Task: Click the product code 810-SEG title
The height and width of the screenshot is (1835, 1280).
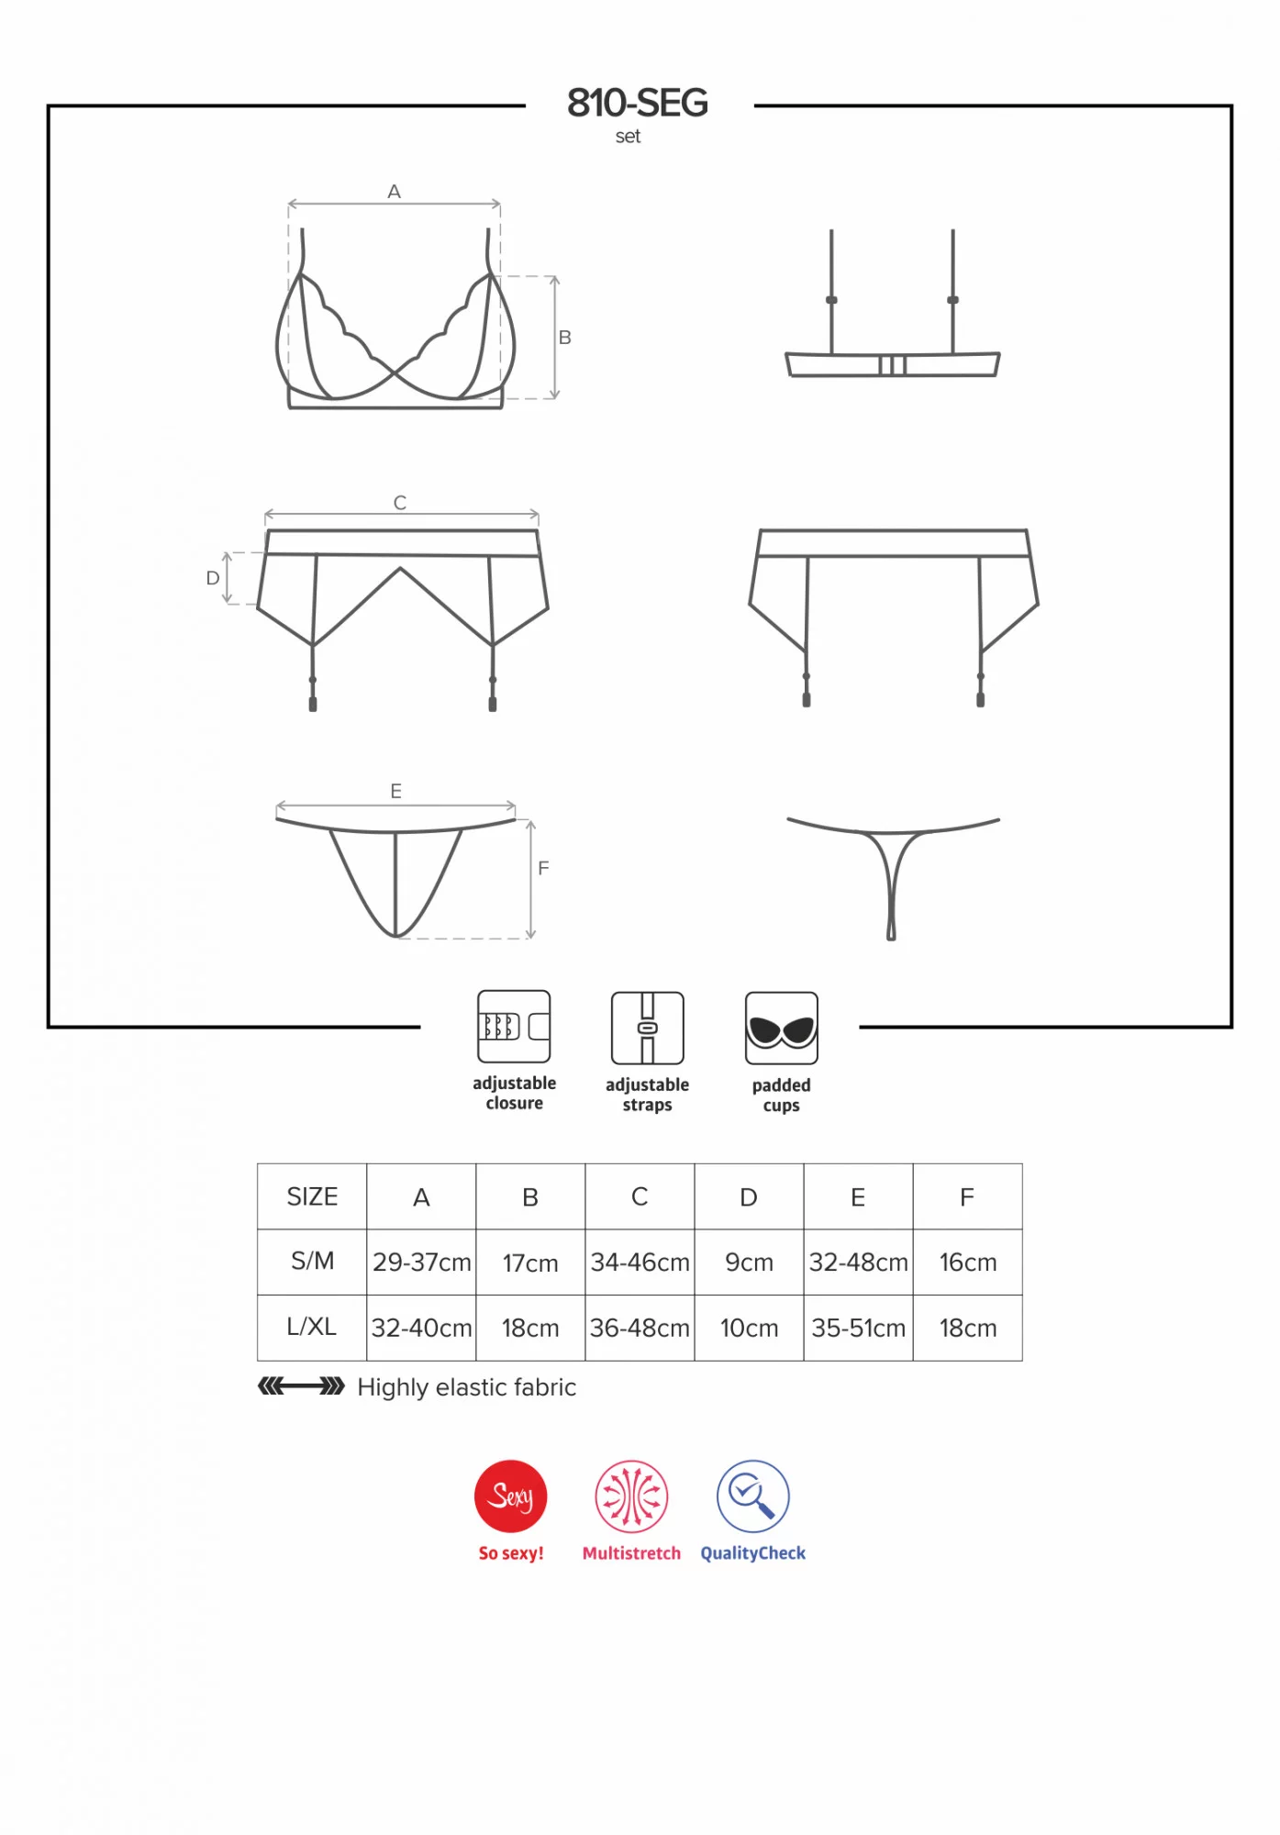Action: click(x=638, y=103)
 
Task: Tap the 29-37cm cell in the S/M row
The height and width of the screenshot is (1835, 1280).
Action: click(x=421, y=1262)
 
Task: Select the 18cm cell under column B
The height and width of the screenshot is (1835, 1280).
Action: click(x=530, y=1328)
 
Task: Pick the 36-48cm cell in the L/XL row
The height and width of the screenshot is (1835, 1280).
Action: click(x=640, y=1328)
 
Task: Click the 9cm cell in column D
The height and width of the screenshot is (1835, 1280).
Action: click(x=749, y=1262)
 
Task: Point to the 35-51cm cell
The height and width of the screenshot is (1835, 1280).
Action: click(x=858, y=1328)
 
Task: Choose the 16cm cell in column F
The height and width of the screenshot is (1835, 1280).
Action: click(x=967, y=1262)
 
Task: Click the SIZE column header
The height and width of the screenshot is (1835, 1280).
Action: click(x=312, y=1196)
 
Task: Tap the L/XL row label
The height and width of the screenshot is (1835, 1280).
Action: click(x=312, y=1327)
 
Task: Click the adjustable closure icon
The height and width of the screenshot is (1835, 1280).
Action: click(x=514, y=1027)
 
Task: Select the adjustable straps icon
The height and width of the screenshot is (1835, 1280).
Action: click(x=648, y=1028)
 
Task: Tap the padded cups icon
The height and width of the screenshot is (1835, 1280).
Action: click(x=782, y=1029)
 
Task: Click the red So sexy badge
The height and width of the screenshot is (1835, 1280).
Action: click(x=511, y=1496)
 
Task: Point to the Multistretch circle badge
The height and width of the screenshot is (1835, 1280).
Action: click(x=631, y=1496)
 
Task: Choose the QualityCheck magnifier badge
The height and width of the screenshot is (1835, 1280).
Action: click(x=753, y=1496)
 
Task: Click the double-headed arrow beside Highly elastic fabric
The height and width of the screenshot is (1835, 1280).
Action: click(x=301, y=1385)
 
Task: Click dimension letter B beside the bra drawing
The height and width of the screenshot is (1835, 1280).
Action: click(x=565, y=338)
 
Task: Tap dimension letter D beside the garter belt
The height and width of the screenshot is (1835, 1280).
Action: click(x=213, y=578)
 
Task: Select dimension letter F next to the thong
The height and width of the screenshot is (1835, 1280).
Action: click(x=543, y=868)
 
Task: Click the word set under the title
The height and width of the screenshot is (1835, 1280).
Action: click(x=628, y=137)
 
